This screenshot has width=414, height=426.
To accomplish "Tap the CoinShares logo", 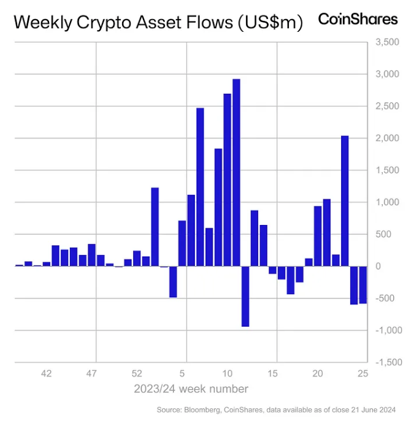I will click(x=358, y=19).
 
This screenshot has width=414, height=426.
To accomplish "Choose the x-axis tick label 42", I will click(x=47, y=373).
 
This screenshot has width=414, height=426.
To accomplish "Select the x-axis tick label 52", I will click(x=137, y=373).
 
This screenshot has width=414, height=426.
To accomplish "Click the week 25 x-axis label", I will click(x=363, y=373).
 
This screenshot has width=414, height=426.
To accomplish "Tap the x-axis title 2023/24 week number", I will click(x=191, y=389).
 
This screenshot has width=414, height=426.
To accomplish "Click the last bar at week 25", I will click(x=363, y=284).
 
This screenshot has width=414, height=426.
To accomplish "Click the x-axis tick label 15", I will click(x=273, y=373).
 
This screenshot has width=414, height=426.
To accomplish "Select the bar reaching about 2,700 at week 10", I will click(x=227, y=180).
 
